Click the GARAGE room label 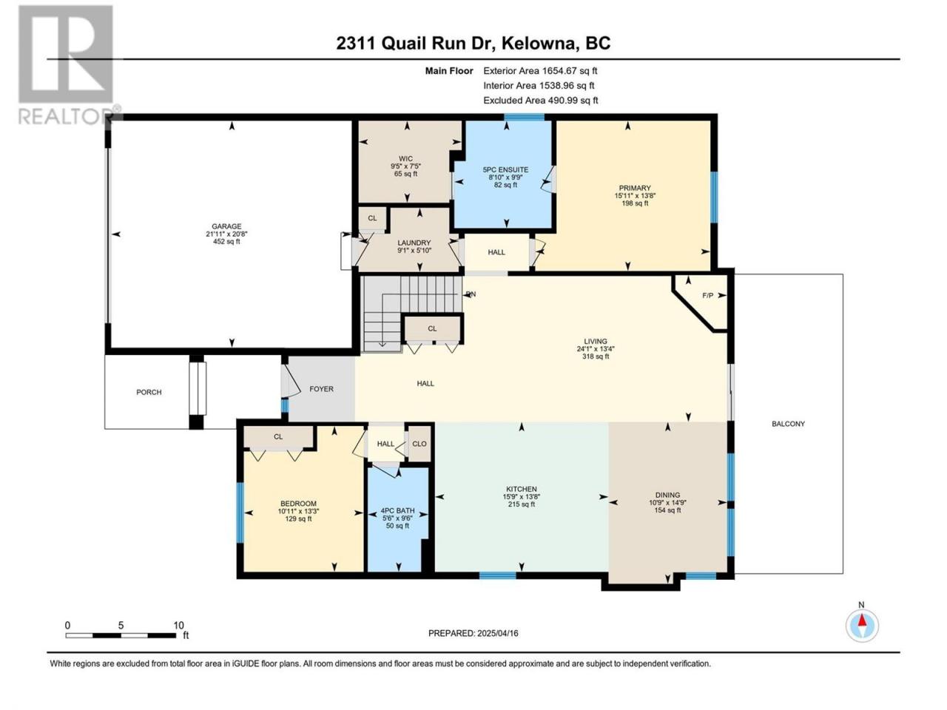point(226,226)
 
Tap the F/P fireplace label point(707,296)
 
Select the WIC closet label point(405,158)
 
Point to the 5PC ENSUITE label point(505,170)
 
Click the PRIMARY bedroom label point(635,188)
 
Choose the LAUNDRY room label point(414,243)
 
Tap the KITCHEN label point(522,490)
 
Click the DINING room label point(667,495)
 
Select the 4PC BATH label point(397,510)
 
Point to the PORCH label point(149,392)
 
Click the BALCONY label point(788,424)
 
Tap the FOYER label point(321,389)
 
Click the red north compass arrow point(862,621)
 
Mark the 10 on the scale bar point(178,626)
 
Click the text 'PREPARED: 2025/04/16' point(473,633)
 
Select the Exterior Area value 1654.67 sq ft point(570,71)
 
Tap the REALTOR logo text point(67,116)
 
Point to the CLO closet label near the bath point(419,444)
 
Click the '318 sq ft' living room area point(596,356)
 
